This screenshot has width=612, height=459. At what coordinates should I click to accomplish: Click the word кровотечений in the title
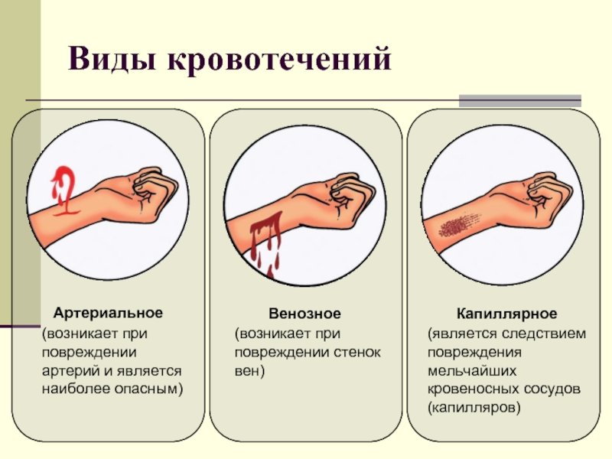[x=279, y=60]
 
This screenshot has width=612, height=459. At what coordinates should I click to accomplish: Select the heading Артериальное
[x=108, y=313]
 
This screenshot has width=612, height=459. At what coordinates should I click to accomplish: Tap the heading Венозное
[x=304, y=314]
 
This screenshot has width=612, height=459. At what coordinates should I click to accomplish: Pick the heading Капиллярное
[x=506, y=314]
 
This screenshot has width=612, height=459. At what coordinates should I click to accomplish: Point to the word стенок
[x=356, y=352]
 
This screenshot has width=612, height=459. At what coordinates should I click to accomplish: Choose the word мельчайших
[x=472, y=370]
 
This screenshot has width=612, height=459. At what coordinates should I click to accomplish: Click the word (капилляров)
[x=474, y=409]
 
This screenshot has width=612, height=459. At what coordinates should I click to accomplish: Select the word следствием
[x=544, y=334]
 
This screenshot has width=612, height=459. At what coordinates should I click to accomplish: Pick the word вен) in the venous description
[x=250, y=371]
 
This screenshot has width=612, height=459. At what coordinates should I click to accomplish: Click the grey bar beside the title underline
[x=520, y=101]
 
